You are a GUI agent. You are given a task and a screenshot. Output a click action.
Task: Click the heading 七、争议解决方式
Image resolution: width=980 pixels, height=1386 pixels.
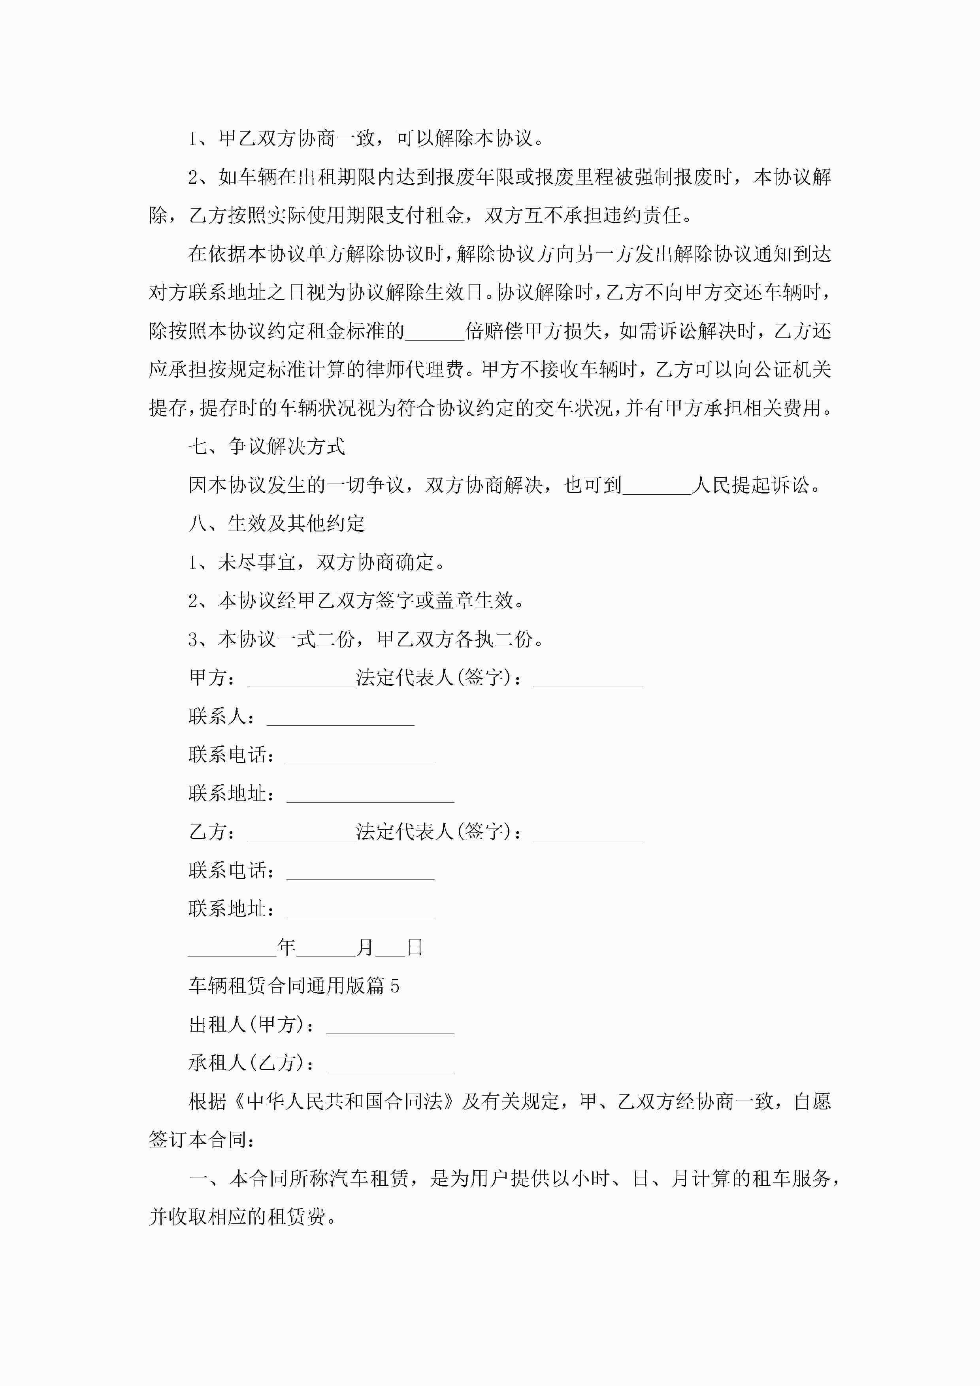[266, 447]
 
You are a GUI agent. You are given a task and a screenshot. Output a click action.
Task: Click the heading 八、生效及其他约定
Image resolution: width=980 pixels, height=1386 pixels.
[277, 524]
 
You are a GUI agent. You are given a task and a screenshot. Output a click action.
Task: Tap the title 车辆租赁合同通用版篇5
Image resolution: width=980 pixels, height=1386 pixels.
[294, 986]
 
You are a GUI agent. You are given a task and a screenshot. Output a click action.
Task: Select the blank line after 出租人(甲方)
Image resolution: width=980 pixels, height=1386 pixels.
[390, 1026]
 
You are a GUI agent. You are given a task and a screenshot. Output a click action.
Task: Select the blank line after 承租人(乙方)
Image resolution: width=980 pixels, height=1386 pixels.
[390, 1065]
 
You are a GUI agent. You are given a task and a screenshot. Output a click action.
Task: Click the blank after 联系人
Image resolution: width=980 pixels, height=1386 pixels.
[341, 718]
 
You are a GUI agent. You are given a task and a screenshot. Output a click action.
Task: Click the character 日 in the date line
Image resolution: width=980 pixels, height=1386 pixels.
[415, 948]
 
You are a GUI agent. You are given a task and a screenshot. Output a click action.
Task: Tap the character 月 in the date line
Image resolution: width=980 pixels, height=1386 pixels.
[365, 948]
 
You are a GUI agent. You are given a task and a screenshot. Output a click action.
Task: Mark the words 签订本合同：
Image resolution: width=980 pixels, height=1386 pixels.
[202, 1140]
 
